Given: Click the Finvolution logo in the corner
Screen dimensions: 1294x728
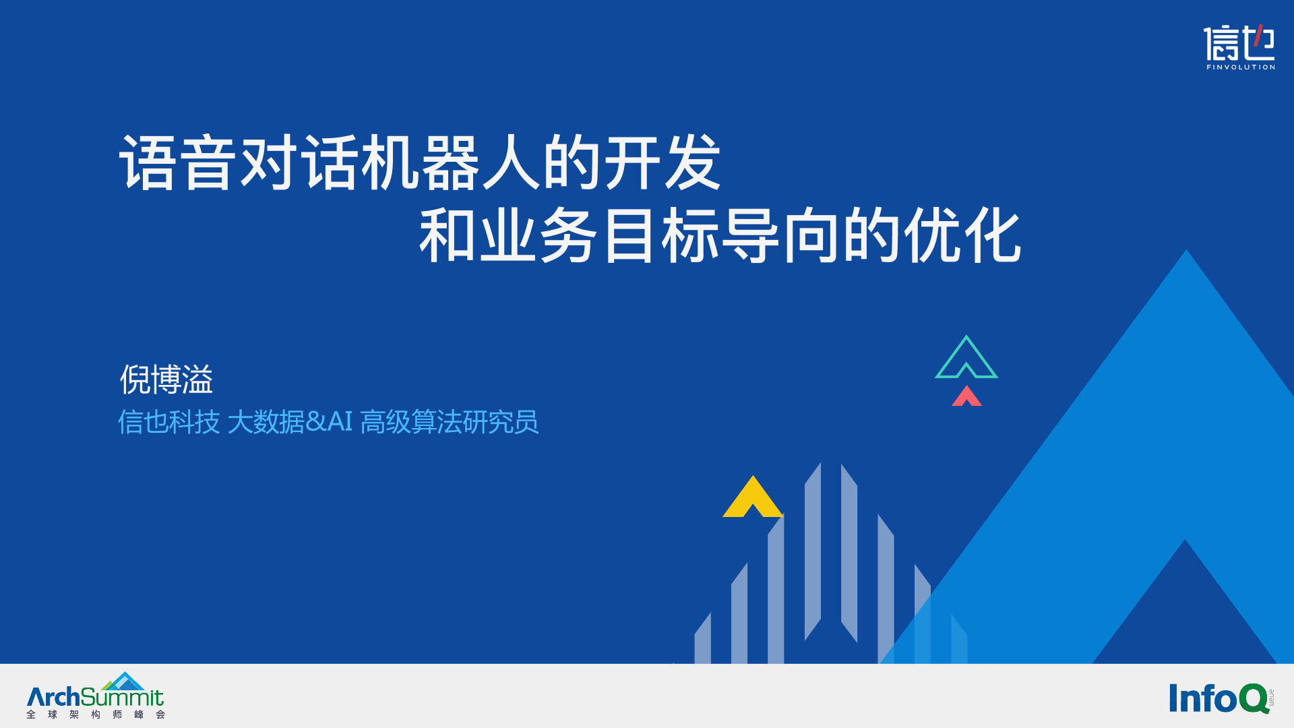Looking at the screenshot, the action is point(1239,47).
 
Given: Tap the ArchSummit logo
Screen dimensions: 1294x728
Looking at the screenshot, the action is point(96,696).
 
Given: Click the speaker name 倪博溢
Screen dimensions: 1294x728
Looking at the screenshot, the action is point(166,380).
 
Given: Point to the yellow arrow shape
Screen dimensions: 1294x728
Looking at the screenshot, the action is point(753,497).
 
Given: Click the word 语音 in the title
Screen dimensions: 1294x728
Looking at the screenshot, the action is point(178,162).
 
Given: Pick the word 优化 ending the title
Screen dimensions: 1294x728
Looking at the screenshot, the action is point(963,235).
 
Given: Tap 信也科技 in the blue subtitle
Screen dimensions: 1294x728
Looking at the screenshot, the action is point(169,422).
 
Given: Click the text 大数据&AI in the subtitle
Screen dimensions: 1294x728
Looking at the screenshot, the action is point(290,422).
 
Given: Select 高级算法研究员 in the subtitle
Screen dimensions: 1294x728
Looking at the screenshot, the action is point(450,422).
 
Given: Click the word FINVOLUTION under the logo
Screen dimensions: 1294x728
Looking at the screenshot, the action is point(1241,67).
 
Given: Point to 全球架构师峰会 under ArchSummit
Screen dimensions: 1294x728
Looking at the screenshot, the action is point(96,715).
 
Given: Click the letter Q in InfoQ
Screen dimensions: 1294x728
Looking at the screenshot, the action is point(1254,698).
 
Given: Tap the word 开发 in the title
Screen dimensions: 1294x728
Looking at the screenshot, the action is point(663,162).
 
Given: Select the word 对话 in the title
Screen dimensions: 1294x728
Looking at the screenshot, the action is point(299,162).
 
